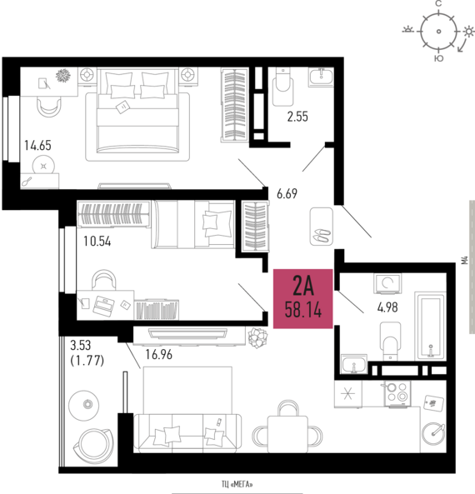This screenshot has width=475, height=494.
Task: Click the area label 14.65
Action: click(37, 146)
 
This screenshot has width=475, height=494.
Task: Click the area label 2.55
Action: click(297, 117)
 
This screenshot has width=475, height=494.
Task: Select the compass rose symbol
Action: click(436, 31)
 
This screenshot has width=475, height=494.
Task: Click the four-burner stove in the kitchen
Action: click(397, 394)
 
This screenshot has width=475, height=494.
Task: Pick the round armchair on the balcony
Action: click(92, 446)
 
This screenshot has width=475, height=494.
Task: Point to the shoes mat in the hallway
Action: click(322, 225)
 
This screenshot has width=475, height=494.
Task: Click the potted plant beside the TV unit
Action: click(256, 337)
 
